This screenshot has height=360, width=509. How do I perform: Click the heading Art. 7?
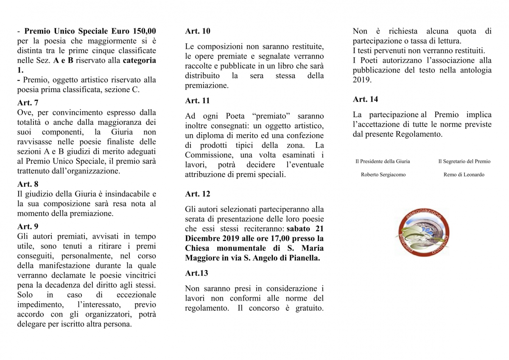point(28,103)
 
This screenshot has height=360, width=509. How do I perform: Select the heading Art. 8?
point(28,184)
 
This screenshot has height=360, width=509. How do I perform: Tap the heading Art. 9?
point(28,227)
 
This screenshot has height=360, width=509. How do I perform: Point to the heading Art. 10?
point(197,31)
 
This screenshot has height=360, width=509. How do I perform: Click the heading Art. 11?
point(197,101)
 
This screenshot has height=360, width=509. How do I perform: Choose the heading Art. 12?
point(197,194)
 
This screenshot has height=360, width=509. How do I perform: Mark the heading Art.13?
point(196,273)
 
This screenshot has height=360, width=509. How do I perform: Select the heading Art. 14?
point(365,99)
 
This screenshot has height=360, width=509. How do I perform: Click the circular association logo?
point(422,233)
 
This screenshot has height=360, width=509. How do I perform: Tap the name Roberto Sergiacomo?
point(383,174)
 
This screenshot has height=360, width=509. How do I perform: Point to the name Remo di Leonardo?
point(464,174)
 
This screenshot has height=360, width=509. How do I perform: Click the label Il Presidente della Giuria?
point(383,161)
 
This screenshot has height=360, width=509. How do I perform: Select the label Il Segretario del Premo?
point(464,161)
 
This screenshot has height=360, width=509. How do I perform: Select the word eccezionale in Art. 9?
point(136,295)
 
